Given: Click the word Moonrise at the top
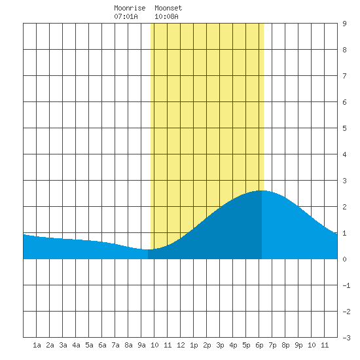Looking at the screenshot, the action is click(130, 8).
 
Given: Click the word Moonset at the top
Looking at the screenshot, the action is click(168, 8).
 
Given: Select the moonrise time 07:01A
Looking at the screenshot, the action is click(126, 16).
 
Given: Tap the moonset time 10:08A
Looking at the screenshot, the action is click(166, 16).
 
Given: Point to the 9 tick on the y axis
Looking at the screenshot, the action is click(344, 24).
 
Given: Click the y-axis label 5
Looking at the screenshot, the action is click(344, 128).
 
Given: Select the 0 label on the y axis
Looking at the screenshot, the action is click(344, 259).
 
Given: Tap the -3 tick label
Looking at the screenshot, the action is click(346, 338).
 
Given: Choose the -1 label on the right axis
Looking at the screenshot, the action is click(346, 285).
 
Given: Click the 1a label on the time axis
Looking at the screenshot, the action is click(37, 345).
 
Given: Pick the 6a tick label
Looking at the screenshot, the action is click(102, 345).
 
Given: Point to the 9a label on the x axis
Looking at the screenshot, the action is click(141, 345).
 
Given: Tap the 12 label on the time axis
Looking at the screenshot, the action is click(181, 345).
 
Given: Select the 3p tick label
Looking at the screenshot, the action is click(220, 345).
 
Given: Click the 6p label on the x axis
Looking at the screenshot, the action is click(259, 345).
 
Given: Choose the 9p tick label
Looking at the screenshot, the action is click(298, 345).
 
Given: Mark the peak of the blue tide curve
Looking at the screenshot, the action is click(262, 190).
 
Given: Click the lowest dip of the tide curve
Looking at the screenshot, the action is click(146, 249).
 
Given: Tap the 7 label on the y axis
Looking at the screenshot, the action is click(344, 76).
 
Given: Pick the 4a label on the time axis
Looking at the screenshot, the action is click(76, 345).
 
